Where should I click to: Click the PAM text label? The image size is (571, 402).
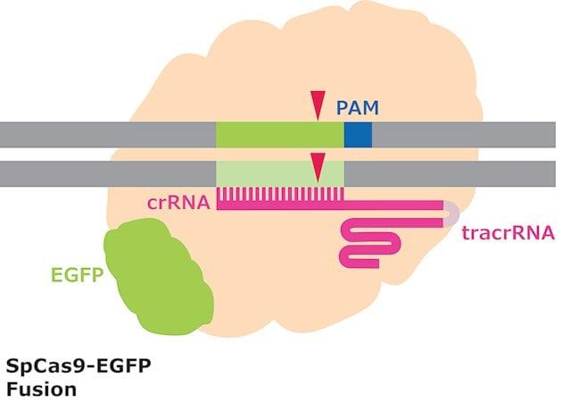point(358,109)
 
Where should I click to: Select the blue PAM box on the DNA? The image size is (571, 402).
point(358,135)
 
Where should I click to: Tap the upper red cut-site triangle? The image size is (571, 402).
point(317,106)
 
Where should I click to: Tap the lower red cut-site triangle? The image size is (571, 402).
point(317,165)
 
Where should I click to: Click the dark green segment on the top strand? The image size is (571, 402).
point(280,135)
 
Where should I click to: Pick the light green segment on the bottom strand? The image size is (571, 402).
point(280,173)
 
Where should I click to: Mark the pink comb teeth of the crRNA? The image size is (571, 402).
point(277,193)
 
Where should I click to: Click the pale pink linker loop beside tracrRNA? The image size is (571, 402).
point(452,213)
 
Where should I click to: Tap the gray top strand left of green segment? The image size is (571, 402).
point(107,135)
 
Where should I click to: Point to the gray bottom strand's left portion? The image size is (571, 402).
point(107,173)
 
